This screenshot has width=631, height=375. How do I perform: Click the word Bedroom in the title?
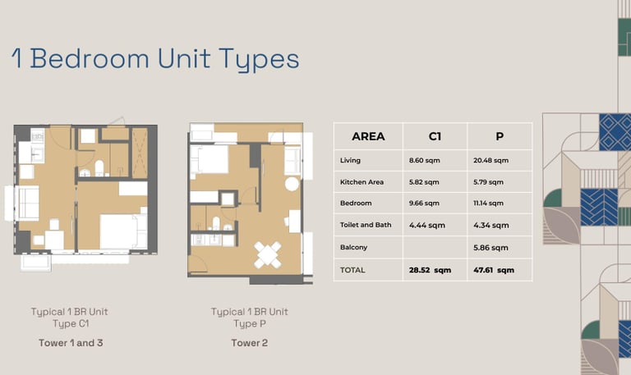[x=90, y=59]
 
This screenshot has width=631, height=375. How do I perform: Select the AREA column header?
[x=368, y=137]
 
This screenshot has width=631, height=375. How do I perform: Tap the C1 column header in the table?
[x=435, y=137]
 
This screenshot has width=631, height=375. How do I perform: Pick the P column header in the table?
[x=500, y=137]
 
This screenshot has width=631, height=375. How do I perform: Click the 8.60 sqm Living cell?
[x=425, y=160]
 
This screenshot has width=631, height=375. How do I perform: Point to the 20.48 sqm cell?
[x=491, y=160]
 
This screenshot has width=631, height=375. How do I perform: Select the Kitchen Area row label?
[x=362, y=182]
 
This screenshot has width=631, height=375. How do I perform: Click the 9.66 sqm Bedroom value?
[x=424, y=204]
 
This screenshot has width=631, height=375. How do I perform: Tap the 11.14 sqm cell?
[x=489, y=204]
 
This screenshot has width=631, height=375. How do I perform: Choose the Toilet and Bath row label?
[x=366, y=225]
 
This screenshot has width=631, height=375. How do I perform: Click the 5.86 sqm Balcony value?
[x=491, y=248]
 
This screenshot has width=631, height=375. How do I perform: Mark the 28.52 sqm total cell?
[x=430, y=270]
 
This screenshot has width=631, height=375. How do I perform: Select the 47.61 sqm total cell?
[x=494, y=270]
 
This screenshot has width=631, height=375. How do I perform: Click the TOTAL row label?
[x=352, y=270]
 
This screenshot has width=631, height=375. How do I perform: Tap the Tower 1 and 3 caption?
[x=71, y=343]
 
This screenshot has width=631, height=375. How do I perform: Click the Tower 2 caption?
[x=250, y=343]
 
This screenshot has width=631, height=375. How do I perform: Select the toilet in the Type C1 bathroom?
[x=99, y=168]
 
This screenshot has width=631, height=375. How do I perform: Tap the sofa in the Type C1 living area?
[x=26, y=204]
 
